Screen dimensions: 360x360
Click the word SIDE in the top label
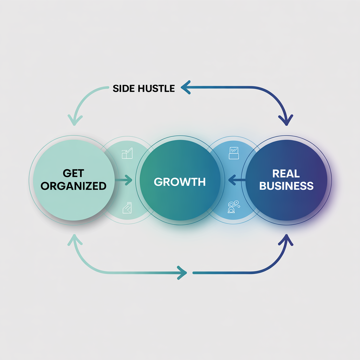(123, 88)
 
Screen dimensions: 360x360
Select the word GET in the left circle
(73, 174)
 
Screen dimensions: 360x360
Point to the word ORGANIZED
(73, 186)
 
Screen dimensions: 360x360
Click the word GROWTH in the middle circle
(180, 182)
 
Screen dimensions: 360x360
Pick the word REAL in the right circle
(286, 174)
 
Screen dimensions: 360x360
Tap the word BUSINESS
(286, 186)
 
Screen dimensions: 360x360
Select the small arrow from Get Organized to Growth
(123, 181)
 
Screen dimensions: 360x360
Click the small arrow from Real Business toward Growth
(236, 181)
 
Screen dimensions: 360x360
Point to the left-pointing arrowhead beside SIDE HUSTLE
(185, 88)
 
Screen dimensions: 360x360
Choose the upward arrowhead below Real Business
(287, 240)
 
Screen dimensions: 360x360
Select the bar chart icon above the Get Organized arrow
(127, 154)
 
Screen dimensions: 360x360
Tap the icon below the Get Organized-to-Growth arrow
(127, 208)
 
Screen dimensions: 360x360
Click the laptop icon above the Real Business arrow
(234, 152)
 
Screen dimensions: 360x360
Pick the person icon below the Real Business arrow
(233, 207)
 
